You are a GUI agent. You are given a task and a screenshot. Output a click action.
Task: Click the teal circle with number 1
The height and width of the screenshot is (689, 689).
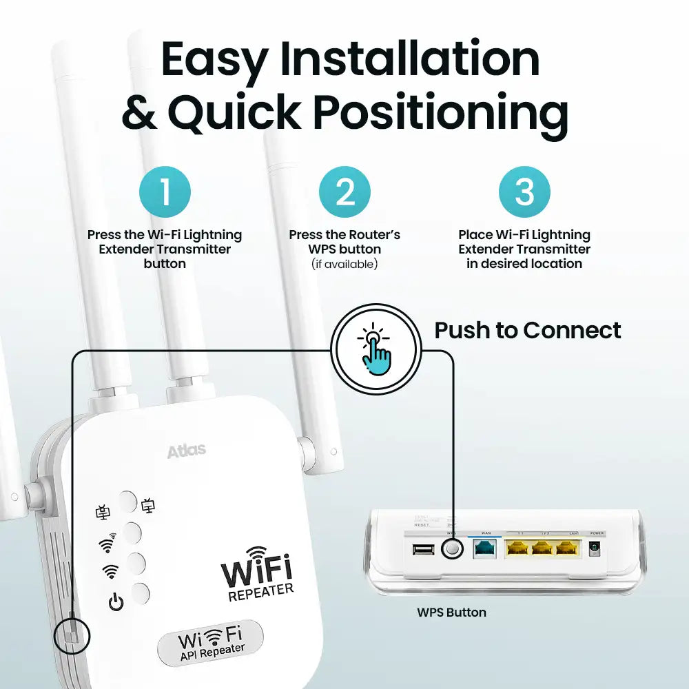coord(165,192)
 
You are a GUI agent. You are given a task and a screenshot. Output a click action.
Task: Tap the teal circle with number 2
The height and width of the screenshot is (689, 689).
coord(344,192)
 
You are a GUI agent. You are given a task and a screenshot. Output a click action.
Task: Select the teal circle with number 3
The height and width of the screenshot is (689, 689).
coord(524,192)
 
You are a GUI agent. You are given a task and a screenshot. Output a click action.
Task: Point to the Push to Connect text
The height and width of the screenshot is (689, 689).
coord(527,331)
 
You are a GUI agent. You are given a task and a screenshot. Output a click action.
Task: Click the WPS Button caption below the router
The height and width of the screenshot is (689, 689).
coord(451,612)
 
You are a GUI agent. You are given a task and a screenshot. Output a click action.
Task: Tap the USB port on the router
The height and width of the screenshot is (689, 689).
coord(422,549)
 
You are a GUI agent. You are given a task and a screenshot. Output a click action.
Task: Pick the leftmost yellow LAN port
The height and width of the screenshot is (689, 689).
coord(517,548)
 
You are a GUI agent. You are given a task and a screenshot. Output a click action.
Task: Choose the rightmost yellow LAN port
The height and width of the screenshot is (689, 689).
coord(566,548)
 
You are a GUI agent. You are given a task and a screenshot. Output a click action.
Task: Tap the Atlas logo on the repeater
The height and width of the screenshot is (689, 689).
coord(186,452)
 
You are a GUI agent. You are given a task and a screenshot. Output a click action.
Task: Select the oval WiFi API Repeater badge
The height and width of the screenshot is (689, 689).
coord(210,642)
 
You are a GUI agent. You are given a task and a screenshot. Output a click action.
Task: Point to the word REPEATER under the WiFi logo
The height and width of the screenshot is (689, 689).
coord(260,591)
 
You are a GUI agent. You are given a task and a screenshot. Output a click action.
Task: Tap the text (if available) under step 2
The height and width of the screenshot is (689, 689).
coord(344,264)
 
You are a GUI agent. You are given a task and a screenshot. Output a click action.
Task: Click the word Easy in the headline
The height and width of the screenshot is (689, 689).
coord(213,60)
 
